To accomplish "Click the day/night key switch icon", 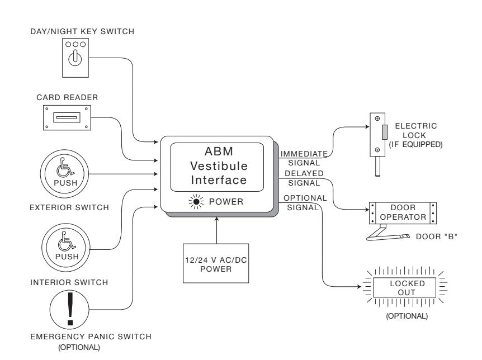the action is pos(75,58).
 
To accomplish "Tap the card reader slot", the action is pos(67,117).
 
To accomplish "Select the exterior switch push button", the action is pos(64,174).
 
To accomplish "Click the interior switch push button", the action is pos(66,248).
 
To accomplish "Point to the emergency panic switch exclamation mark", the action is pos(70,309).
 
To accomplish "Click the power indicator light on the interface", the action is pos(196,202).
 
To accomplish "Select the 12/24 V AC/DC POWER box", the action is pos(216,263).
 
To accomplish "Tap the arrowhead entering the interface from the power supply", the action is pos(217,219).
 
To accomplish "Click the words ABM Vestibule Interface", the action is pos(219,165).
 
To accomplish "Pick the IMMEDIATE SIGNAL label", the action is pos(304,158).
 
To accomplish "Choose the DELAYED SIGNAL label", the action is pos(304,178).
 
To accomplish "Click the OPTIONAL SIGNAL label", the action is pos(305,202).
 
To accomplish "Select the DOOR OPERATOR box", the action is pos(403,213).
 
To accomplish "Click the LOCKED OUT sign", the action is pos(404,288).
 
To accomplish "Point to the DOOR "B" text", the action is pos(437,236).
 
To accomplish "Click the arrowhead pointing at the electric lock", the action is pos(367,127).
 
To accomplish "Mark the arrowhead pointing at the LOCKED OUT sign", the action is pos(359,287).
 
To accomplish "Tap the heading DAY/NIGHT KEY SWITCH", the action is pos(82,31).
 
